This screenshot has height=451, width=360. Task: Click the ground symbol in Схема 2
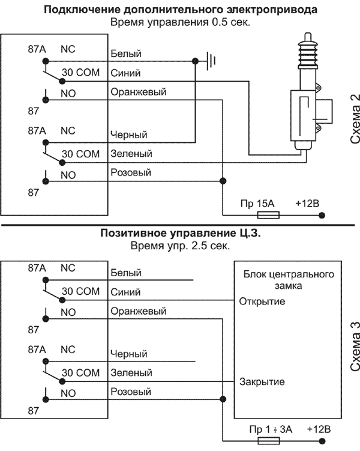[211, 61]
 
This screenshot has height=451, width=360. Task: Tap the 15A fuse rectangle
[268, 215]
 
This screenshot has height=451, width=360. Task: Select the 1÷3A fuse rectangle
[268, 441]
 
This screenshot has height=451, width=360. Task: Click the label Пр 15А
[257, 204]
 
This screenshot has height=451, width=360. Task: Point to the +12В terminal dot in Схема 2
[322, 215]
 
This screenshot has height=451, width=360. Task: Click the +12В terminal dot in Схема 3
[322, 441]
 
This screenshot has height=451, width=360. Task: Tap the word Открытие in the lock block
[262, 301]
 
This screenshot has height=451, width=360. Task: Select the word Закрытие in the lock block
[262, 382]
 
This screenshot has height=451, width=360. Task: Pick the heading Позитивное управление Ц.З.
[181, 233]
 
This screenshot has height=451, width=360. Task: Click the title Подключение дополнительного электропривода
[181, 10]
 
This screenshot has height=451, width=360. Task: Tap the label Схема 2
[355, 118]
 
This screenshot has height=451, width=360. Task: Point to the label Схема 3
[355, 346]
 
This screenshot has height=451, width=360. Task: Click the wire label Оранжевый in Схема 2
[139, 92]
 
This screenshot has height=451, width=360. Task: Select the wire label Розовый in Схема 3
[131, 392]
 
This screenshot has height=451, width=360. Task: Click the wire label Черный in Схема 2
[129, 135]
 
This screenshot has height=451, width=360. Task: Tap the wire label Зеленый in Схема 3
[131, 373]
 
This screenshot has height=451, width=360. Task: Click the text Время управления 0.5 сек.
[181, 22]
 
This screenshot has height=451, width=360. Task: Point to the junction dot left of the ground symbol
[195, 61]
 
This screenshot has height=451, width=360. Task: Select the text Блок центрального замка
[289, 280]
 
